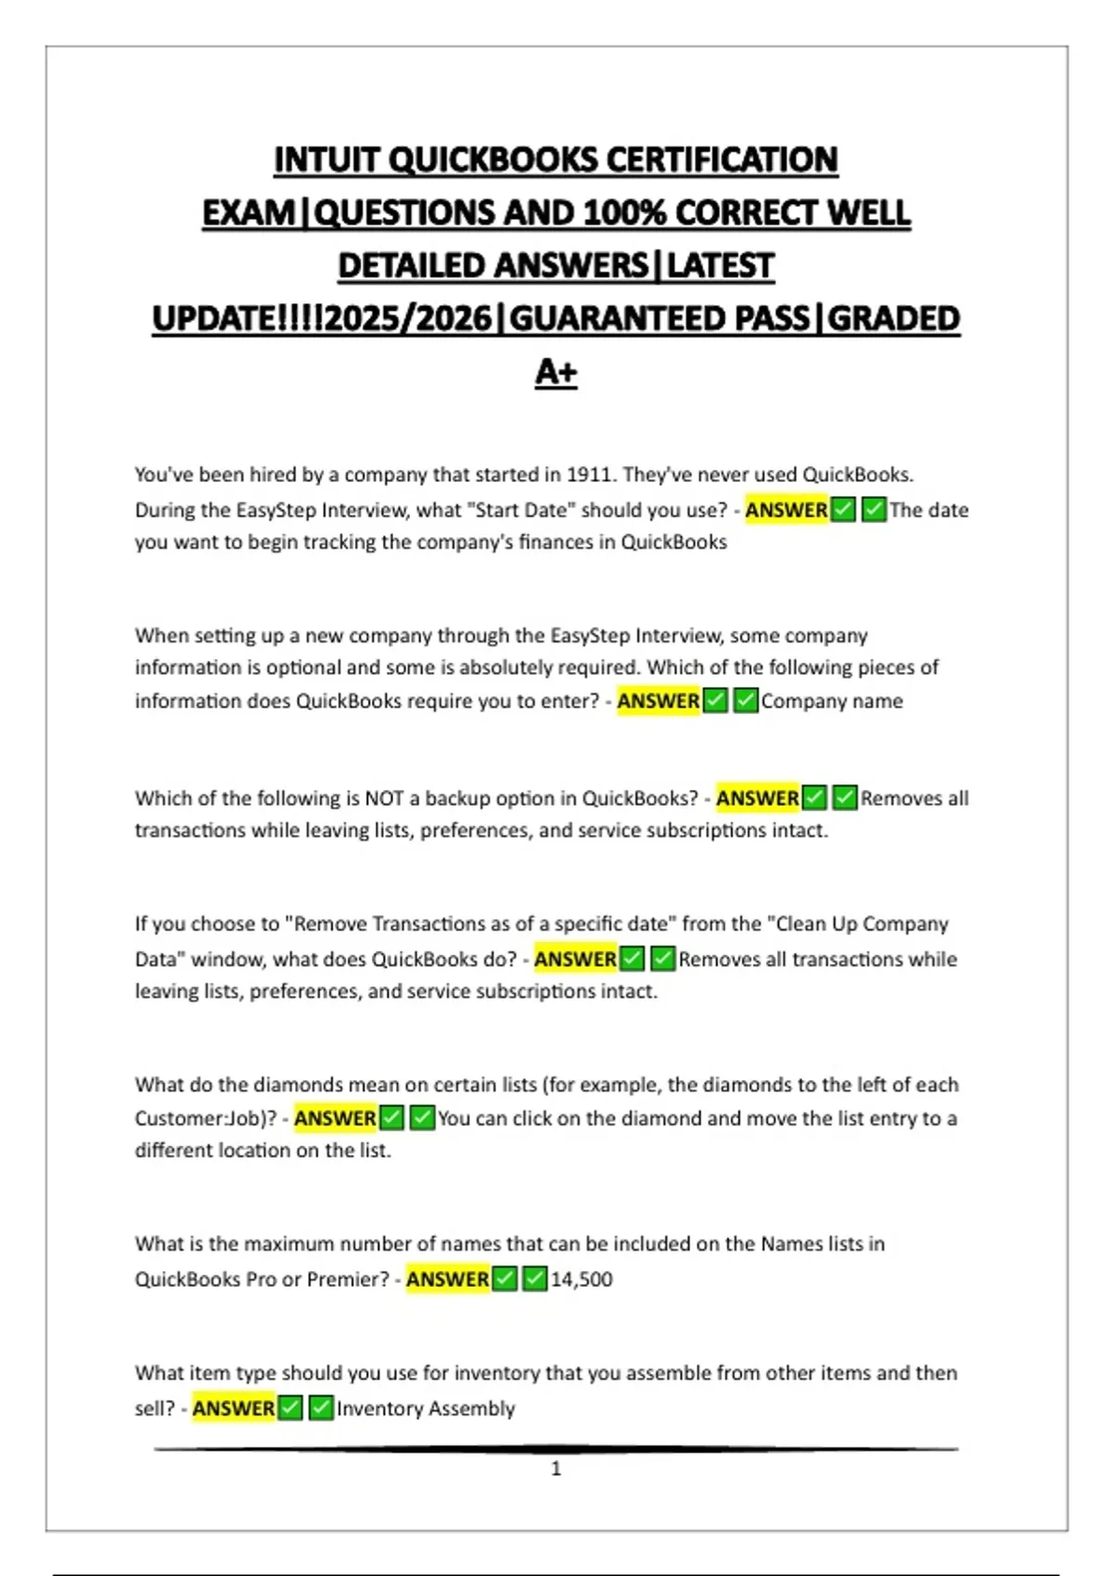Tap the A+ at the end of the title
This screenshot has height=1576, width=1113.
[556, 372]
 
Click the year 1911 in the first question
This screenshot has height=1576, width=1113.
[589, 475]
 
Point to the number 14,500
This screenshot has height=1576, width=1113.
[582, 1279]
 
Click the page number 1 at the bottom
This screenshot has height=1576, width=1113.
[556, 1468]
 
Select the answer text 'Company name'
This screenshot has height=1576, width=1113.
[832, 701]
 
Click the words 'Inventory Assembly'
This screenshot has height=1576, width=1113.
[426, 1408]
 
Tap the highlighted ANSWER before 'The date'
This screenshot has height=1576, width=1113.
[787, 510]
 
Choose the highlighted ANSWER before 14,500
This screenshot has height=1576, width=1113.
[447, 1279]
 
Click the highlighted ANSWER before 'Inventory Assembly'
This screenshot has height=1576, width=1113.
[234, 1408]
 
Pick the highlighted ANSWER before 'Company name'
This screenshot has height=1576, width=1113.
[659, 701]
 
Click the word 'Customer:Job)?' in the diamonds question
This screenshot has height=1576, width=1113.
[206, 1118]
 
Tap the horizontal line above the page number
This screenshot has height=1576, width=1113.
[556, 1448]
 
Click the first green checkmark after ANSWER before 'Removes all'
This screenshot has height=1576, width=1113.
[814, 798]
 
